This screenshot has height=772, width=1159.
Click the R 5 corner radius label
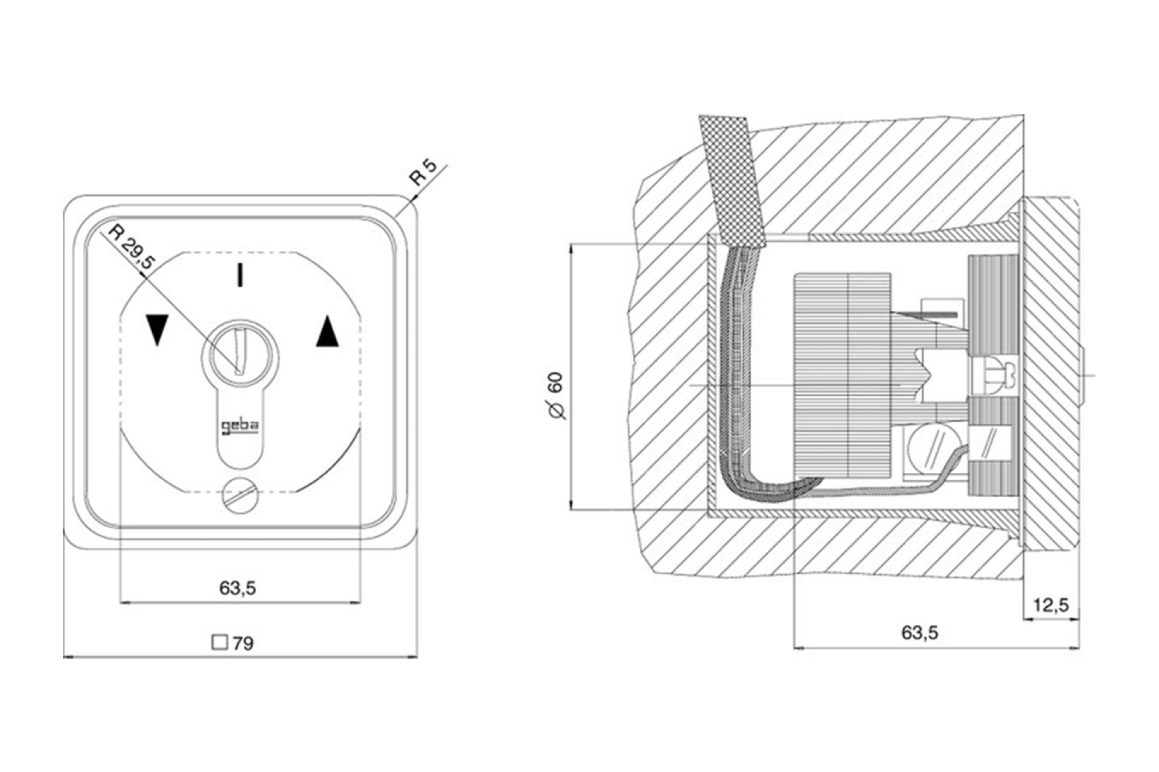pos(423,172)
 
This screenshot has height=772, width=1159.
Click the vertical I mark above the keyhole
pos(241,274)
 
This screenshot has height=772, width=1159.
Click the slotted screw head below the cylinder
pos(240,495)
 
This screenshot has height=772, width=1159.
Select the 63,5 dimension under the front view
pos(238,587)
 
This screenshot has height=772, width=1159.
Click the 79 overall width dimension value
pos(243,644)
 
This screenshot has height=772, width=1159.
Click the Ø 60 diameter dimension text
pos(556,396)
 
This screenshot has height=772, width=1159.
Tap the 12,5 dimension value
pos(1051,605)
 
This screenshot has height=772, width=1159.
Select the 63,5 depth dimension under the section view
pos(920,633)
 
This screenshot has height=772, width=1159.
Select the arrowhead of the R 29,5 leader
pos(144,274)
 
